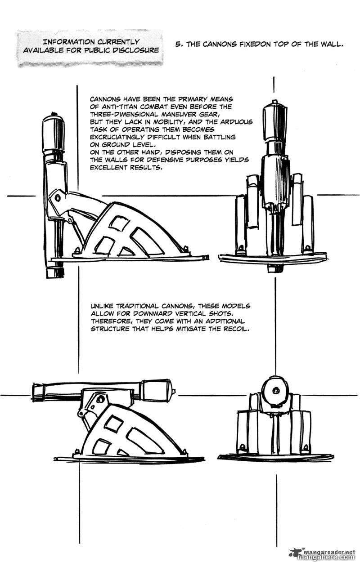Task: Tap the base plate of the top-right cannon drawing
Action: [273, 259]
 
